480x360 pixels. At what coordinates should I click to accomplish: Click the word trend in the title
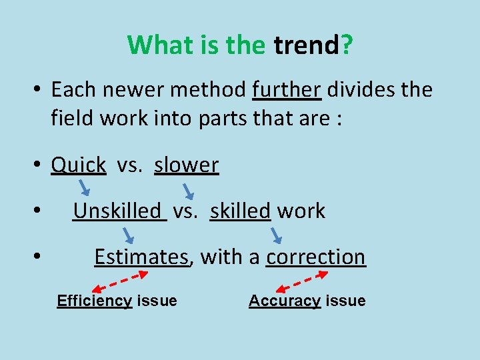tap(307, 45)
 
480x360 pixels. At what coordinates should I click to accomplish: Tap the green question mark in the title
tap(347, 45)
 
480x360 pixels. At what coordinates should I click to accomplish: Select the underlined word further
tap(287, 89)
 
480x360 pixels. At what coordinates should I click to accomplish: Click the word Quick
tap(79, 165)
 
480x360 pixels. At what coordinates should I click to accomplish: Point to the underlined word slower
tap(186, 165)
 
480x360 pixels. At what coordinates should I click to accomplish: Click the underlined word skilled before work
tap(240, 211)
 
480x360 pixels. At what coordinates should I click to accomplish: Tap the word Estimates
tap(141, 257)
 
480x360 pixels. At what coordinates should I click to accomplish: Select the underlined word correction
tap(316, 257)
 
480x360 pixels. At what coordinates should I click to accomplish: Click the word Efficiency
tap(94, 301)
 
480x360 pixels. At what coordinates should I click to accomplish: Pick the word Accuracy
tap(285, 301)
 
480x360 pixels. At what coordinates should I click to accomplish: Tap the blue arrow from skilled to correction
tap(277, 234)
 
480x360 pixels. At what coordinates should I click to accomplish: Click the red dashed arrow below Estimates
tap(120, 281)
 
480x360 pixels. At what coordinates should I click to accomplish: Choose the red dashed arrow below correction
tap(311, 279)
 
